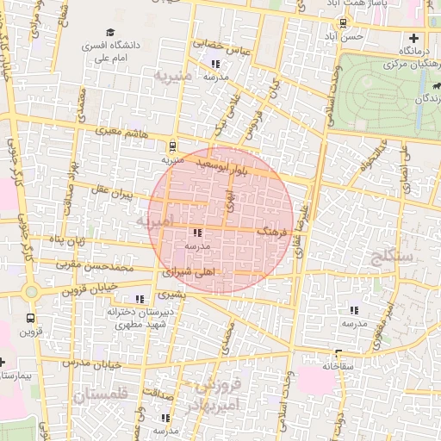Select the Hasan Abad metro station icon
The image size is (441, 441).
pyautogui.click(x=332, y=25)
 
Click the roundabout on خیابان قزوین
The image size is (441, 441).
pyautogui.click(x=32, y=292)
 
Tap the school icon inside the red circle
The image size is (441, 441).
pyautogui.click(x=197, y=233)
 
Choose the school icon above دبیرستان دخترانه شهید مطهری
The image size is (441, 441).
pyautogui.click(x=140, y=299)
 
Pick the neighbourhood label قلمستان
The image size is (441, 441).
pyautogui.click(x=100, y=395)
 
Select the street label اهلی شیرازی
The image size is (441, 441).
pyautogui.click(x=187, y=271)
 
